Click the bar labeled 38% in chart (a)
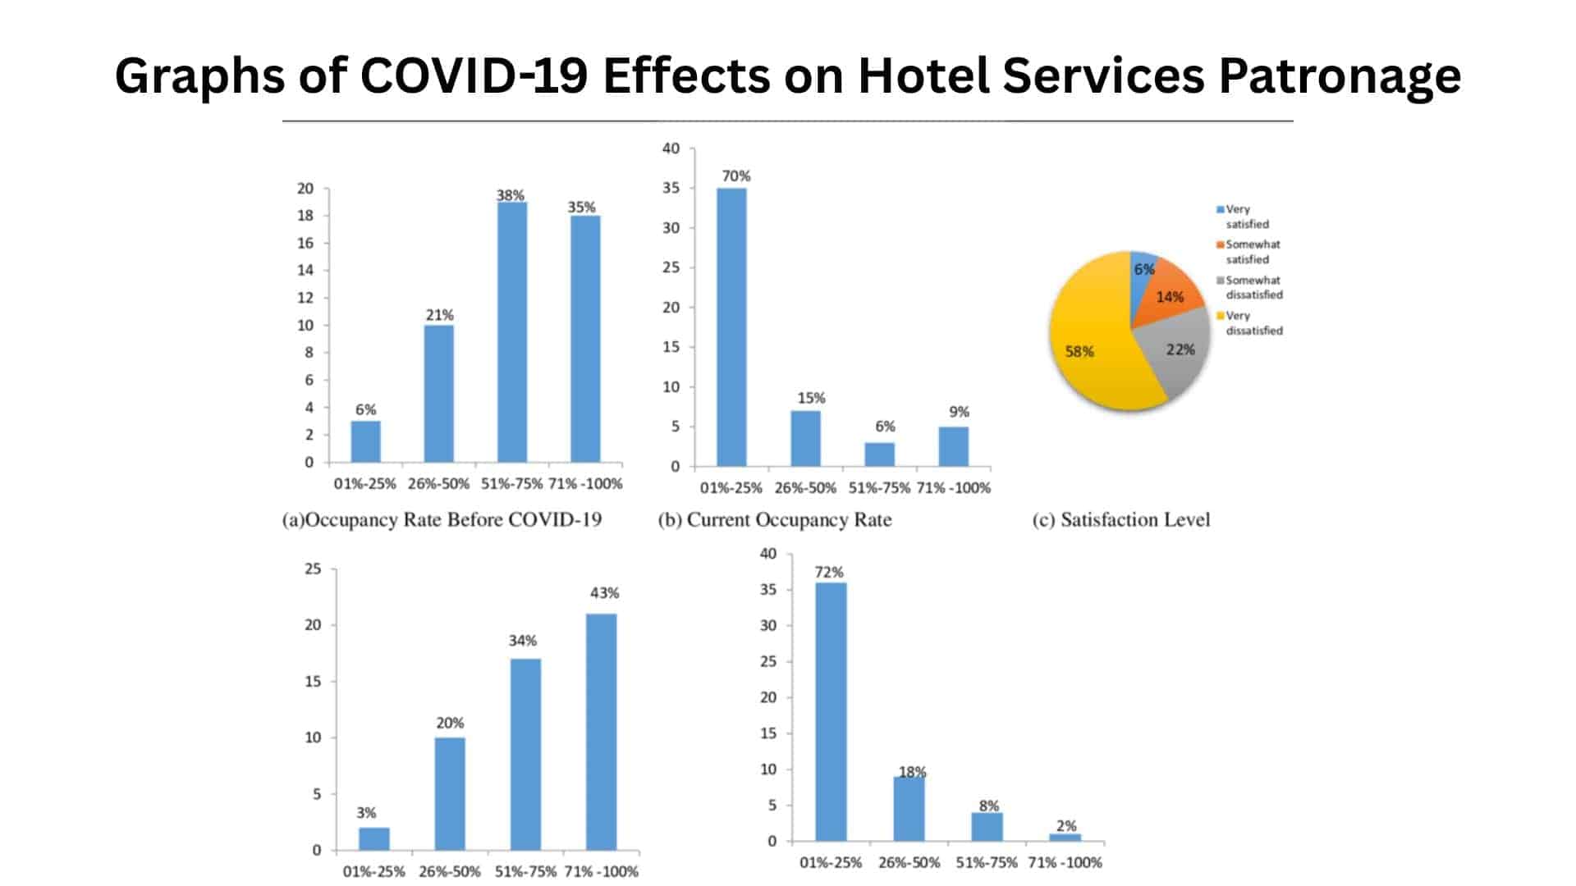click(x=511, y=332)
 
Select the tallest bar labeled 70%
click(x=731, y=328)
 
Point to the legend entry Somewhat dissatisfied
click(x=1253, y=287)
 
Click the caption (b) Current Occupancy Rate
click(x=775, y=520)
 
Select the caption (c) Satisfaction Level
click(x=1121, y=520)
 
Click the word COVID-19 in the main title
click(x=474, y=75)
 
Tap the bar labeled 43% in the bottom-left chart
click(x=602, y=732)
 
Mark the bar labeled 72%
click(x=831, y=712)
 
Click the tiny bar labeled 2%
click(x=1065, y=838)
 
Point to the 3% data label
click(x=366, y=813)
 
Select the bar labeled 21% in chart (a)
click(x=438, y=394)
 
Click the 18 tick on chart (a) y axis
click(x=305, y=216)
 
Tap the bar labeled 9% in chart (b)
click(x=953, y=446)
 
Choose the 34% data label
click(x=523, y=641)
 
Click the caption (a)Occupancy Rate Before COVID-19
click(x=442, y=520)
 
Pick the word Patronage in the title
click(x=1340, y=75)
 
